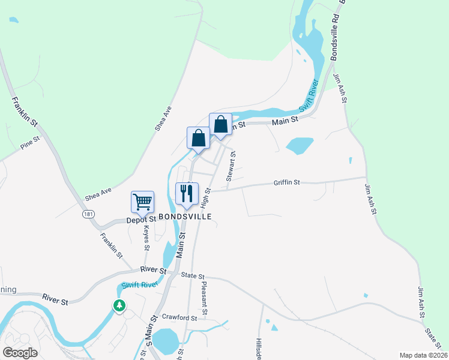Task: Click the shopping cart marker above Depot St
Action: (143, 202)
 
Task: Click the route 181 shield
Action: (88, 214)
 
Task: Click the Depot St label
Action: (141, 220)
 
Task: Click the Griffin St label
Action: (286, 182)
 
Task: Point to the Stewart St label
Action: (231, 166)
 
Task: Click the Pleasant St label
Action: (204, 298)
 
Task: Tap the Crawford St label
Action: (179, 317)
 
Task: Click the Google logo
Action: (20, 352)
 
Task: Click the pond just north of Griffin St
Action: (300, 145)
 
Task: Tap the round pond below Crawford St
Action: (165, 340)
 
